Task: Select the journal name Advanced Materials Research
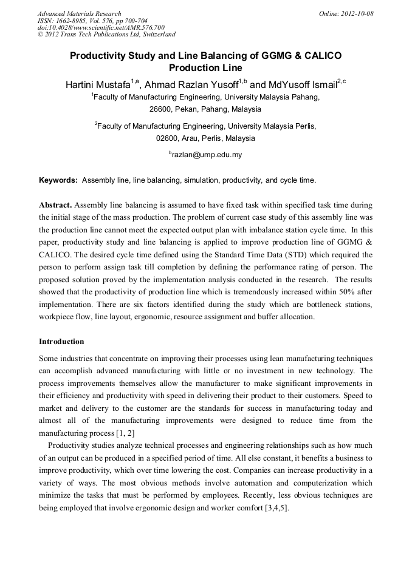[80, 13]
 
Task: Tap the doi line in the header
[101, 27]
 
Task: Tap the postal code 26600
[161, 109]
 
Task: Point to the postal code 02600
[167, 138]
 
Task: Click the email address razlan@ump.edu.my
[207, 155]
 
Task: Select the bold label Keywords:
[58, 180]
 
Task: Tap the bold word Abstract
[55, 205]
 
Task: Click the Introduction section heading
[61, 342]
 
